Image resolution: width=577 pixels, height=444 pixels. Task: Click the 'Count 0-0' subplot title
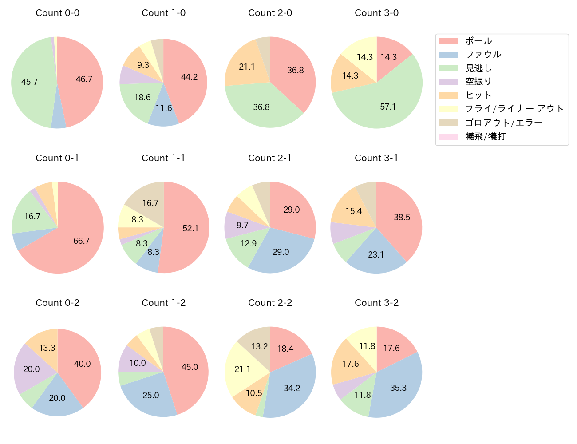pos(57,13)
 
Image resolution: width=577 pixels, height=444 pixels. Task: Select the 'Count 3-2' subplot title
pos(376,303)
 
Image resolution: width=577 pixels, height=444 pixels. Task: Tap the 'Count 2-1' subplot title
pos(270,158)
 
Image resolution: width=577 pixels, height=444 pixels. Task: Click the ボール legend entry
pos(478,41)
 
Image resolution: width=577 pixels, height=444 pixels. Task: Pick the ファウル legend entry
pos(483,55)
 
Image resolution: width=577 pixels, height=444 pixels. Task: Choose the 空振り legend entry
pos(478,82)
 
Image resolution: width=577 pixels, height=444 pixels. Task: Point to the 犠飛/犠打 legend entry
pos(485,136)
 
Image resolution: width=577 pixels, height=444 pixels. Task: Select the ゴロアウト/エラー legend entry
pos(503,123)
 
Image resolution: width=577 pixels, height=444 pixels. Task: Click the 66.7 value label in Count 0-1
pos(82,241)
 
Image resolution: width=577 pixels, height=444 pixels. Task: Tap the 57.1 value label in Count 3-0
pos(388,107)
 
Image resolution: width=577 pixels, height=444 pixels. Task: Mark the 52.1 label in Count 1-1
pos(190,228)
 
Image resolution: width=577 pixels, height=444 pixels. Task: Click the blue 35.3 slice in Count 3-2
pos(397,387)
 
